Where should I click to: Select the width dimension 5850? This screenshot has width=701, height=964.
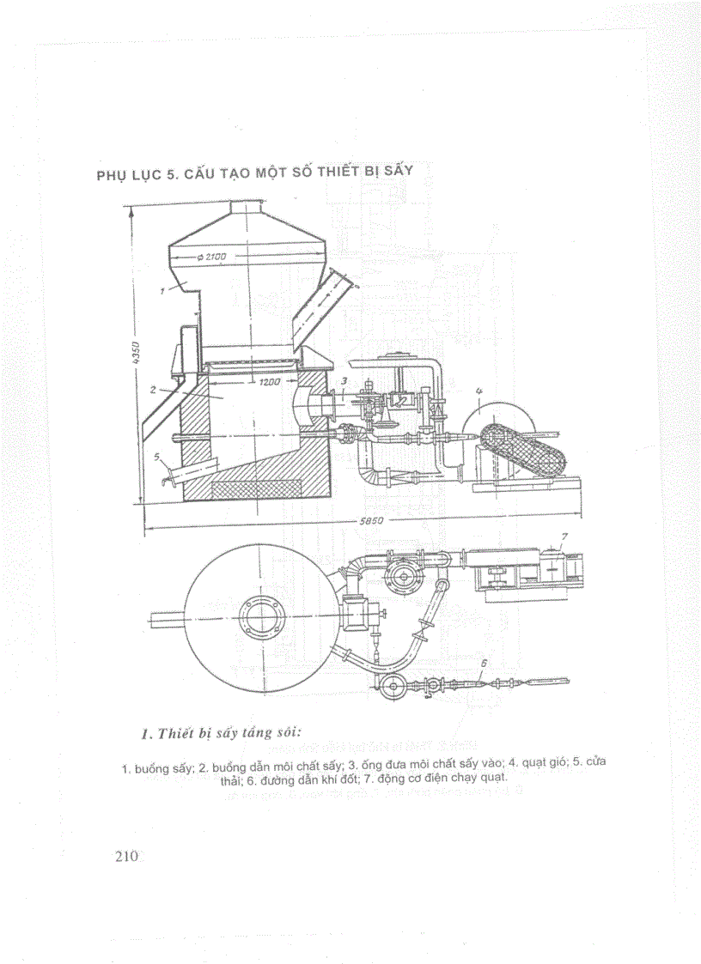(371, 521)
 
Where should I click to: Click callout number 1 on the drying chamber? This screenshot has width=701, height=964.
(162, 291)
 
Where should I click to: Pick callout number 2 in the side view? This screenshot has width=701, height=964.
(151, 389)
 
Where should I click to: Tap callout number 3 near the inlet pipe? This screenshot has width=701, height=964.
(344, 379)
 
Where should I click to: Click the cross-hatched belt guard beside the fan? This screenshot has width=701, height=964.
(520, 448)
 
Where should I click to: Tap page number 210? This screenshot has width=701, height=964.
(126, 855)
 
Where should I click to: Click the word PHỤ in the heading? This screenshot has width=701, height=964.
(112, 176)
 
